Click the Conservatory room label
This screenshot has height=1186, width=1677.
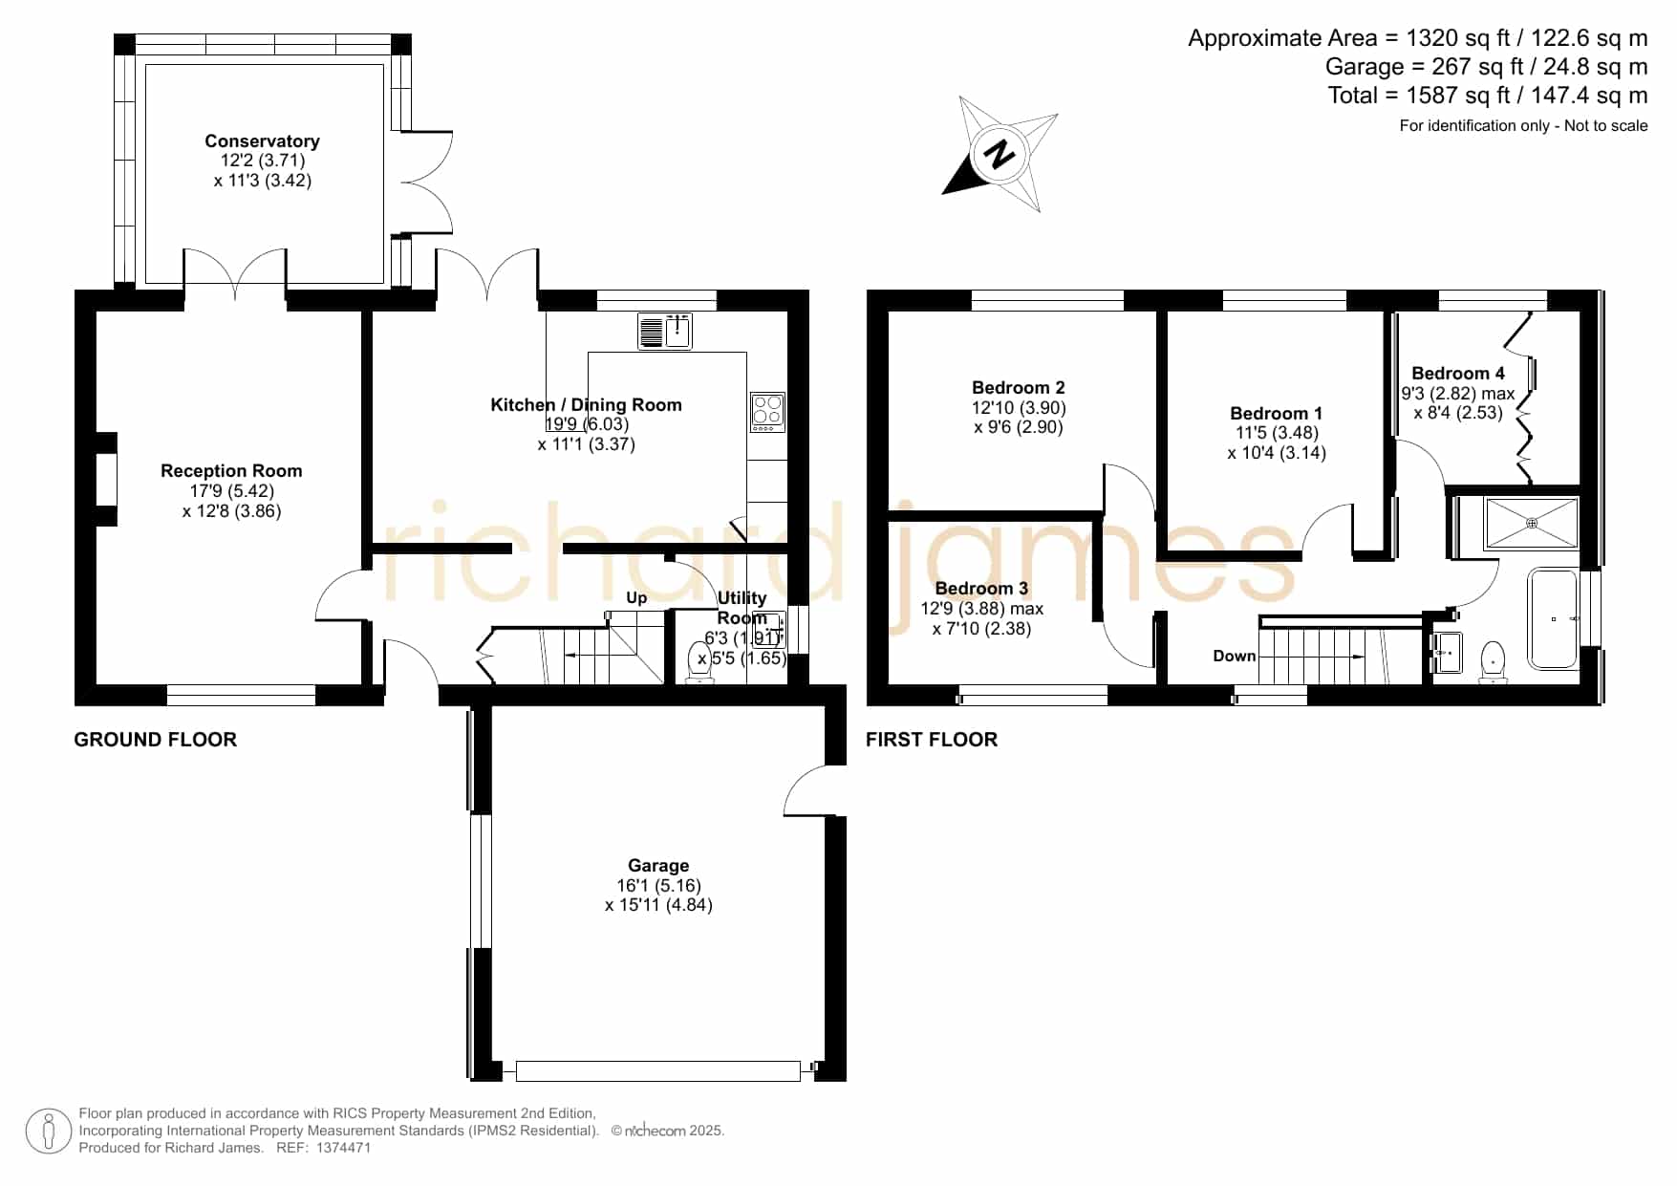click(262, 141)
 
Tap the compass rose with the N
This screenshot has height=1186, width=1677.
click(1000, 153)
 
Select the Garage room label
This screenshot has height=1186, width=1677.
click(658, 866)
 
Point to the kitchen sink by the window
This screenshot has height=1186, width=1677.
click(665, 331)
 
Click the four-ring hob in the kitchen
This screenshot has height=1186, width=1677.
click(768, 412)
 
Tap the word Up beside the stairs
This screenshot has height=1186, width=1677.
click(636, 598)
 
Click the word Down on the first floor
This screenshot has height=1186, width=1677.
click(1235, 656)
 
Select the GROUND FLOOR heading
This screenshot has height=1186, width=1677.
click(156, 740)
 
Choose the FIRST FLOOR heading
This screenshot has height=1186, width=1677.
click(932, 740)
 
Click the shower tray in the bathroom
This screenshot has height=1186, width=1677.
click(1531, 523)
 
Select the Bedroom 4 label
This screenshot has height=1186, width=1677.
click(1458, 374)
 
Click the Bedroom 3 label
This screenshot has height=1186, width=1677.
click(981, 589)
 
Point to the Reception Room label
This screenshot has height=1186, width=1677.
click(231, 471)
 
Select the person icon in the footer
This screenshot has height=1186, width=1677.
click(48, 1132)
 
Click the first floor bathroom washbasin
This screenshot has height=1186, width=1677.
click(1448, 653)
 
